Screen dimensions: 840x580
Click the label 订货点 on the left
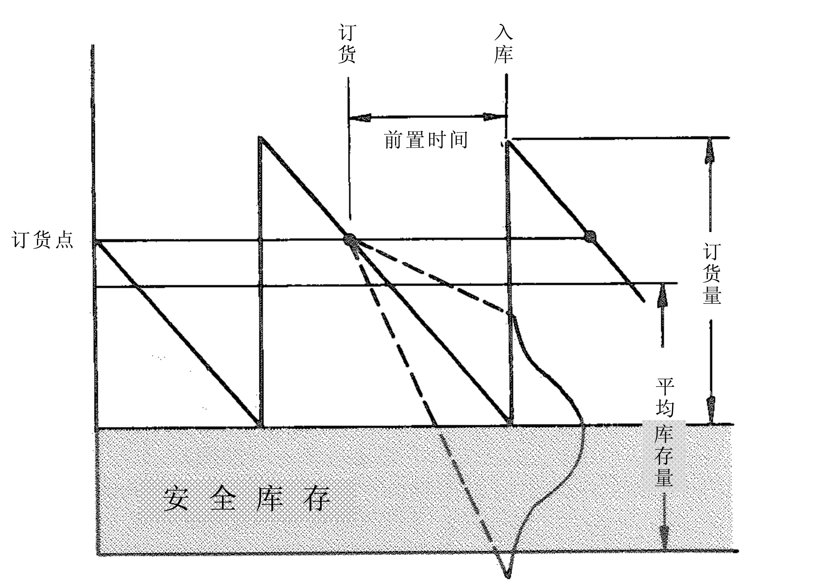coord(42,240)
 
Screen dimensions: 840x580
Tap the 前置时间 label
coord(426,140)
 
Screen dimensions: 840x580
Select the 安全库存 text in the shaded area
coord(246,499)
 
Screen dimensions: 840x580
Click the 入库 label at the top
coord(503,44)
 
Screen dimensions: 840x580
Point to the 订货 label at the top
coord(347,44)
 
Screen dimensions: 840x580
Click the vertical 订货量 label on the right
coord(712,273)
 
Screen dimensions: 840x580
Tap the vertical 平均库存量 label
coord(664,432)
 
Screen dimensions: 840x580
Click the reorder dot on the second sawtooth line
coord(351,239)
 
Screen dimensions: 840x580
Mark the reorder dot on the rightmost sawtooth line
coord(590,236)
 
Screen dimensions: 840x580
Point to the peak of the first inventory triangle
coord(259,138)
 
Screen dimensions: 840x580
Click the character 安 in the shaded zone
coord(176,499)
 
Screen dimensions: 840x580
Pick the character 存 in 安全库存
coord(317,499)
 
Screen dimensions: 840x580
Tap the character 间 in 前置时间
coord(458,140)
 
